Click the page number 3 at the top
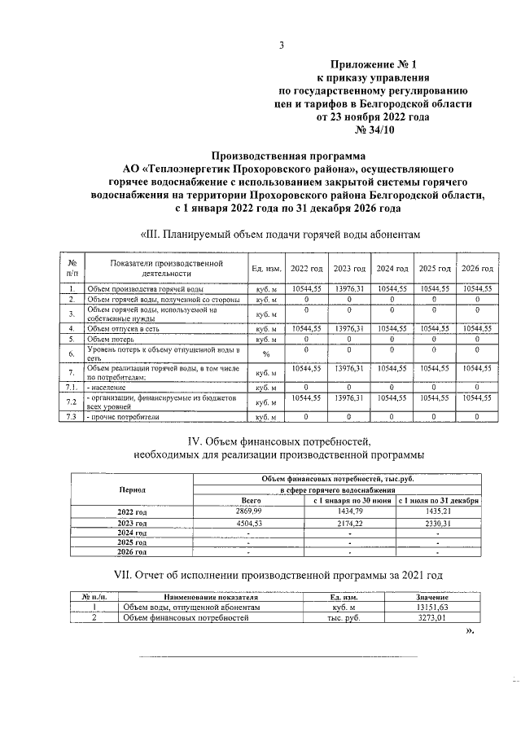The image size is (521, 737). coord(281,46)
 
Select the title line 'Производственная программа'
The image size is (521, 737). coord(289,156)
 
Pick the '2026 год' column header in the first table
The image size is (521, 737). coord(478,269)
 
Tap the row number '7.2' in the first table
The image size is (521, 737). coord(71,402)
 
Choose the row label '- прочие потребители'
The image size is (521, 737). coord(122,417)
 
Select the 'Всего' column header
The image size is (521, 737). coord(251,501)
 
